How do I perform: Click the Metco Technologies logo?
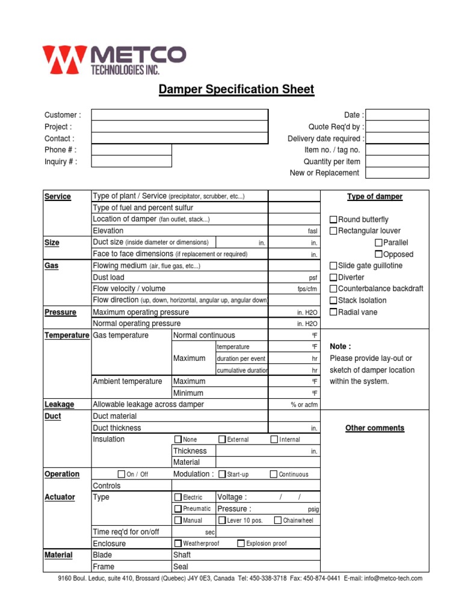point(114,60)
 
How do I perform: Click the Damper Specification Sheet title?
point(236,90)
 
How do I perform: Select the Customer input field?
point(179,115)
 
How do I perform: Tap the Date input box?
point(397,115)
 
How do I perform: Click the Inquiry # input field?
point(131,161)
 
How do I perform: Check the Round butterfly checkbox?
point(333,220)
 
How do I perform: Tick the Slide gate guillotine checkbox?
point(333,266)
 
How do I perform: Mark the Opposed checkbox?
point(378,254)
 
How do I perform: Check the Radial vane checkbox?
point(333,312)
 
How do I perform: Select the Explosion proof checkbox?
point(241,543)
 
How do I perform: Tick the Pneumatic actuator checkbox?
point(177,508)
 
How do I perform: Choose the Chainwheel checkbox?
point(278,520)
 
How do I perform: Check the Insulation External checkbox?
point(222,439)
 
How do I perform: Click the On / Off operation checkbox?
point(122,474)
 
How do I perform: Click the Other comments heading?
point(375,428)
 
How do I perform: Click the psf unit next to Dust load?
point(312,278)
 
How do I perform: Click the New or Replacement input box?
point(397,173)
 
